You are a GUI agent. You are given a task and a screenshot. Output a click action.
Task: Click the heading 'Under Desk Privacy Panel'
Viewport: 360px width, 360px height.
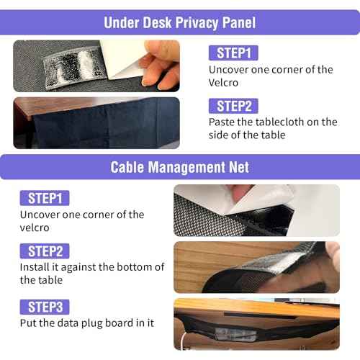[179, 22]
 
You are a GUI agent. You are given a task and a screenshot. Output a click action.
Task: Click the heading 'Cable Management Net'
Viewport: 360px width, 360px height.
[179, 167]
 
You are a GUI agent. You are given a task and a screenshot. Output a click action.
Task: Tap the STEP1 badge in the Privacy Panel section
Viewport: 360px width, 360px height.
[233, 53]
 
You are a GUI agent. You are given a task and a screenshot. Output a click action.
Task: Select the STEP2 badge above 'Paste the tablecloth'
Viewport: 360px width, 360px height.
[233, 106]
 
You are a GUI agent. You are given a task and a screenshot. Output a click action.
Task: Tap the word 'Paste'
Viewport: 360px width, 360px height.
[222, 122]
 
